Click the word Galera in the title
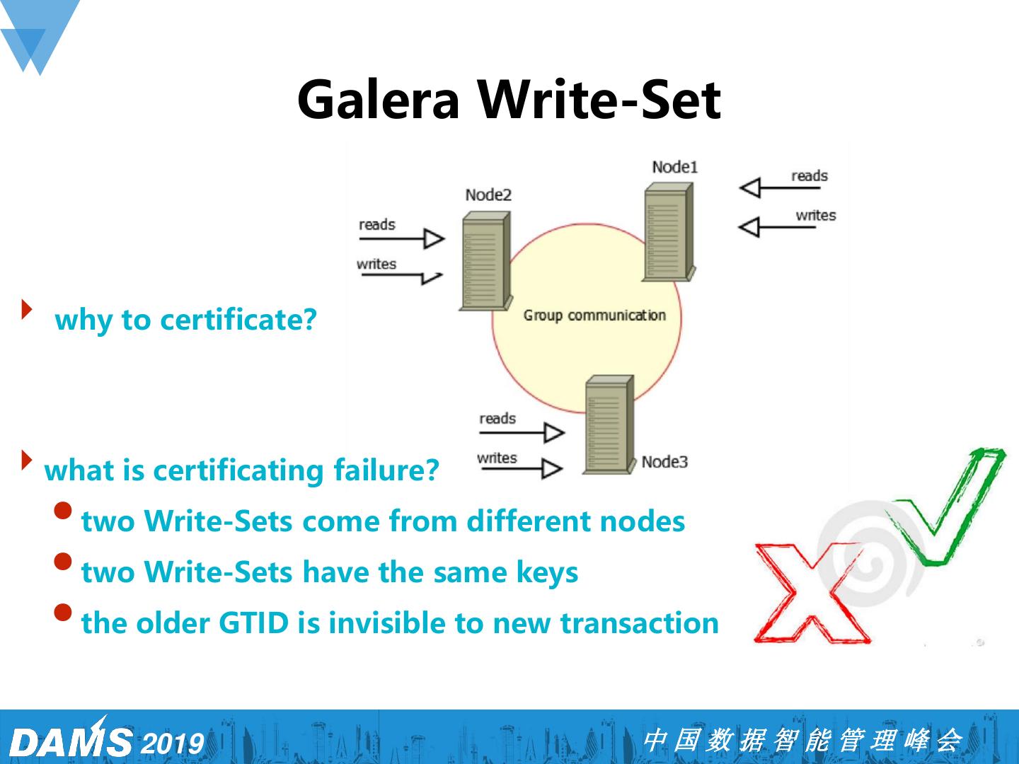[379, 99]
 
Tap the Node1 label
[674, 167]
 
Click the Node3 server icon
[608, 424]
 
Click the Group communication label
[594, 316]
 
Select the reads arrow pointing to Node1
[779, 187]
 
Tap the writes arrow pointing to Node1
[779, 227]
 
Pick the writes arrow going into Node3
[521, 468]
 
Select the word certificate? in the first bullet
[238, 320]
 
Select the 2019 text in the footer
[173, 743]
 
